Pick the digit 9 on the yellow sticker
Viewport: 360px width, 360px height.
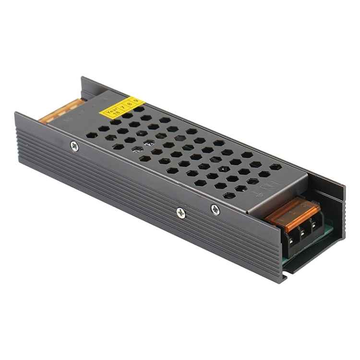(136, 100)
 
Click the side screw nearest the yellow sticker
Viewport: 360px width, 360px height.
(74, 146)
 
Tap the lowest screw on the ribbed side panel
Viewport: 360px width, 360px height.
(181, 213)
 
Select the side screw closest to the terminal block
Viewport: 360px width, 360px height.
(215, 209)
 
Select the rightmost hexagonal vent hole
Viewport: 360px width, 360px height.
(276, 167)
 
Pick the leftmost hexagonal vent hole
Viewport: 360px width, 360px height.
(93, 135)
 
